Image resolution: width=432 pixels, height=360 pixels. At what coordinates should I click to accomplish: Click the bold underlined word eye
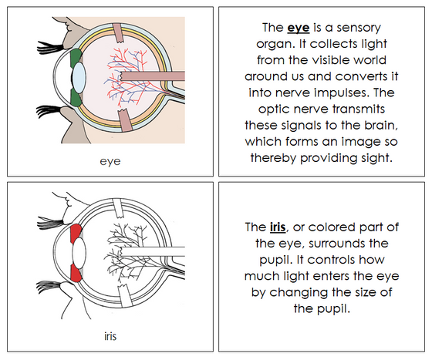[x=296, y=27]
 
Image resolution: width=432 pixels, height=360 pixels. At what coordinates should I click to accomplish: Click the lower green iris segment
[x=75, y=98]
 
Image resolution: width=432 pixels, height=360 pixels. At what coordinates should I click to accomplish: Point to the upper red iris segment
[x=75, y=233]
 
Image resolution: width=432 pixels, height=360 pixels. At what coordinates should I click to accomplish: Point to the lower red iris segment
[x=76, y=271]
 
